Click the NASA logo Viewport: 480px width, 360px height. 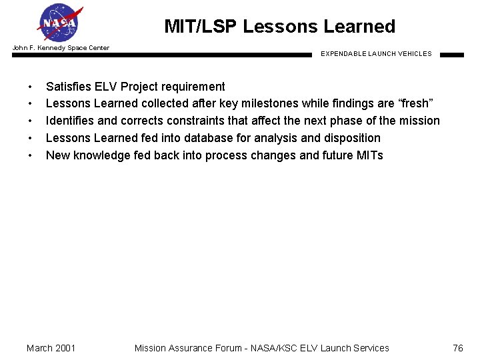61,23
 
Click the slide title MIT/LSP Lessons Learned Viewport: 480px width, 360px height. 279,27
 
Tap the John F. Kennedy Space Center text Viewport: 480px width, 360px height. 61,47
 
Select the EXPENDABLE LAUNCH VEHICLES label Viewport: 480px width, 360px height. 376,54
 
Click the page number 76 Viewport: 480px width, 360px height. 457,348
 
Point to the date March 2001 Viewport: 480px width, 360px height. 51,348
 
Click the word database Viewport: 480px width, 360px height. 239,138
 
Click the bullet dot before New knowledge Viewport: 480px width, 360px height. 30,156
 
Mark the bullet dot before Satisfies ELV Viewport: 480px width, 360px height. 30,87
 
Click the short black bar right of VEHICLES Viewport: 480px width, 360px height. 451,55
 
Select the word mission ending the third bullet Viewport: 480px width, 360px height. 419,121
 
